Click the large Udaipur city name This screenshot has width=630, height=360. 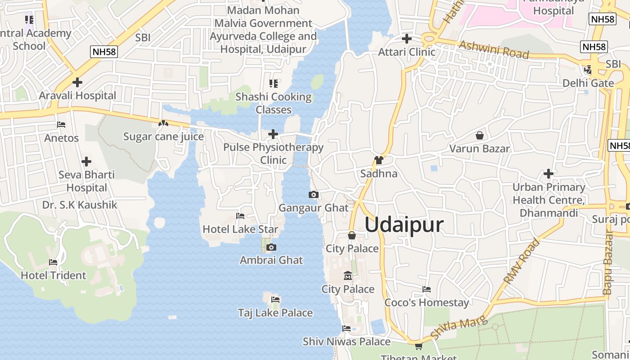click(x=404, y=225)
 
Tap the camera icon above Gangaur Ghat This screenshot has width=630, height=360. click(x=314, y=194)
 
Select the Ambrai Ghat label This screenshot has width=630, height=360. click(x=271, y=260)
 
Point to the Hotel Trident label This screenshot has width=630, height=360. click(x=53, y=275)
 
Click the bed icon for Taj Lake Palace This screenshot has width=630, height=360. click(x=275, y=299)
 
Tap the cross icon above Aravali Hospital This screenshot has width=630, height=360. click(x=77, y=82)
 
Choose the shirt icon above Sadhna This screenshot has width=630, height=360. click(x=378, y=160)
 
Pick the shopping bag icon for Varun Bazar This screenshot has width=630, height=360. click(x=480, y=135)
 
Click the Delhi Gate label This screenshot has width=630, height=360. click(x=588, y=83)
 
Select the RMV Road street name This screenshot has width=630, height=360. click(x=522, y=261)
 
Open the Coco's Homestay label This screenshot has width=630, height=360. click(x=427, y=303)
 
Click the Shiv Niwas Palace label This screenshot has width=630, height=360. click(x=346, y=342)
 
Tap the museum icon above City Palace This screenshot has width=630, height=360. click(x=347, y=275)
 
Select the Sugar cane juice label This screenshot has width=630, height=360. click(x=163, y=137)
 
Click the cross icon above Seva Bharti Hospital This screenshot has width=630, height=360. click(x=86, y=162)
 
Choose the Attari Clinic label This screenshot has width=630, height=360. click(x=406, y=52)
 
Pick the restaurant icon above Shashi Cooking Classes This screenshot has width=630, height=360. click(x=273, y=83)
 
